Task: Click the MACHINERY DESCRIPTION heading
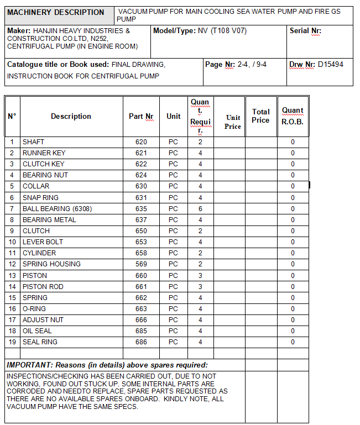tap(55, 12)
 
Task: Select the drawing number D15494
tap(330, 65)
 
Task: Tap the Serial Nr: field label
tap(305, 31)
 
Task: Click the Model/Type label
tap(174, 31)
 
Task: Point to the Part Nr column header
tap(140, 117)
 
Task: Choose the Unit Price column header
tap(233, 122)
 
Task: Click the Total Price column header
tap(260, 116)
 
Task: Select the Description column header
tap(71, 117)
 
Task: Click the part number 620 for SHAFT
tap(141, 142)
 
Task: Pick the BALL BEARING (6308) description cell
tap(54, 209)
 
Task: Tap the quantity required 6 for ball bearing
tap(200, 209)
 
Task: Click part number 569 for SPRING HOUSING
tap(141, 264)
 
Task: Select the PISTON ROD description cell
tap(43, 287)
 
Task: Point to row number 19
tap(12, 342)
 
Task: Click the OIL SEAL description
tap(37, 331)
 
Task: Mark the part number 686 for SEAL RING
tap(141, 342)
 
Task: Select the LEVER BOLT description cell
tap(43, 242)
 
